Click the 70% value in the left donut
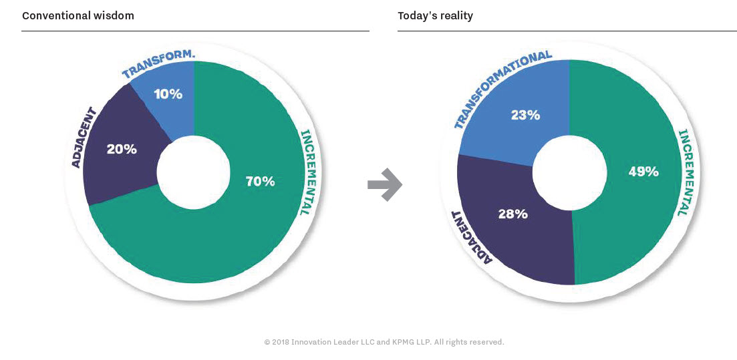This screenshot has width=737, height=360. (x=260, y=181)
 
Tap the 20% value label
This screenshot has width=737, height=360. (x=122, y=149)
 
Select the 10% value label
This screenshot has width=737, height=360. (x=167, y=94)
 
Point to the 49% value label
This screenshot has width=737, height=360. (x=643, y=172)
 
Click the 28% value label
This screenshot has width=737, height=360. (x=512, y=214)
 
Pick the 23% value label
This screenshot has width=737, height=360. (x=525, y=115)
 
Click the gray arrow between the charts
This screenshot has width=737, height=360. (x=384, y=184)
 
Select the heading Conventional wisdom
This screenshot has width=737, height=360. (x=78, y=15)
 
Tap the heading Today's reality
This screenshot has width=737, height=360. (x=435, y=15)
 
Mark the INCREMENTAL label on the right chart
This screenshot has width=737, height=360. (x=686, y=171)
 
